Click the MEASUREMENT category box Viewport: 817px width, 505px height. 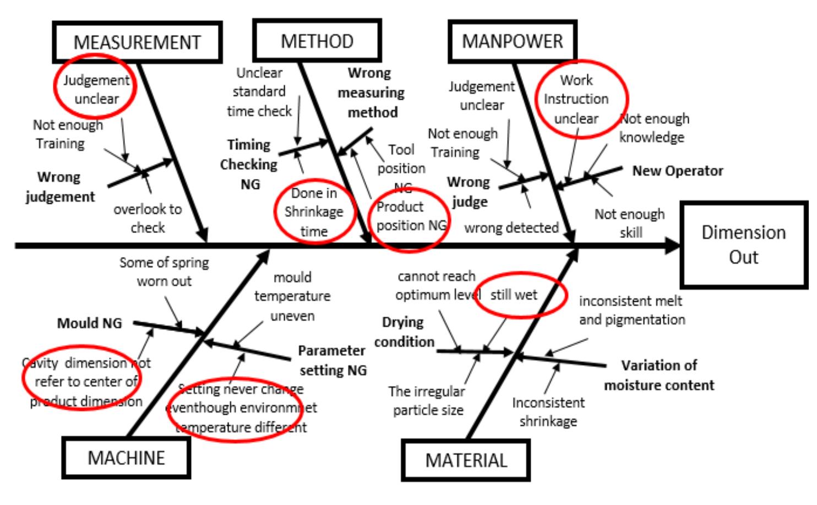click(x=137, y=42)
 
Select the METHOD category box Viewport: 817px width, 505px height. click(x=317, y=41)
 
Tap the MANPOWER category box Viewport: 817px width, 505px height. click(x=512, y=41)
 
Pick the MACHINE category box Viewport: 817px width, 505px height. click(x=126, y=458)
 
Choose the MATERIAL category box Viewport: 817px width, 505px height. click(x=466, y=460)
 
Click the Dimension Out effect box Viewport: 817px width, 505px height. click(x=743, y=245)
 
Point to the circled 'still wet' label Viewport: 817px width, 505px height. click(x=514, y=295)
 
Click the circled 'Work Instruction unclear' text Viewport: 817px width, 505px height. click(x=576, y=99)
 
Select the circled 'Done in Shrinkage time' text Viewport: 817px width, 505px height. click(x=313, y=211)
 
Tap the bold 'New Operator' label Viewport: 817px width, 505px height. click(x=677, y=171)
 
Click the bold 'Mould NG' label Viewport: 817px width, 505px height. click(x=89, y=323)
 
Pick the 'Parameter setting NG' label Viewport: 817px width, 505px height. click(x=332, y=360)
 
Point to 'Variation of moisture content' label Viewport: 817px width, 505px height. click(x=659, y=375)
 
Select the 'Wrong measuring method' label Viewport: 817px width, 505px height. click(x=371, y=93)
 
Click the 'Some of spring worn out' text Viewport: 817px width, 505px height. click(x=164, y=271)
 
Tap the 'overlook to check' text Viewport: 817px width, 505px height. click(x=148, y=218)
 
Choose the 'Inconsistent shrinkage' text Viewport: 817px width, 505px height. click(x=548, y=411)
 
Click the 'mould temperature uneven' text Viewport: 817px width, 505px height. click(x=292, y=296)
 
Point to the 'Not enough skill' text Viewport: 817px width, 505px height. click(x=630, y=223)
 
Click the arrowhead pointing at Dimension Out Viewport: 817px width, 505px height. click(x=673, y=246)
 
